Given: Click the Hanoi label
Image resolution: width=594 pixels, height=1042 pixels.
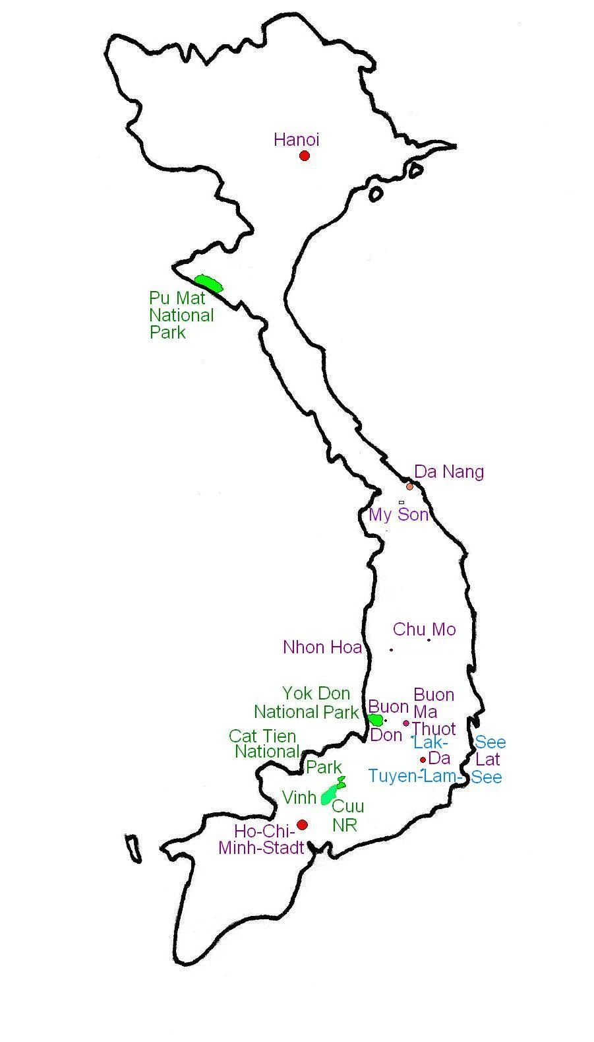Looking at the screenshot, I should pyautogui.click(x=296, y=140).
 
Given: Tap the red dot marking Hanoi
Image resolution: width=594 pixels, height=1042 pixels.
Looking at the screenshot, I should pyautogui.click(x=304, y=156).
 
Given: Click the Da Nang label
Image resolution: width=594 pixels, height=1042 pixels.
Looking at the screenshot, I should pyautogui.click(x=448, y=472).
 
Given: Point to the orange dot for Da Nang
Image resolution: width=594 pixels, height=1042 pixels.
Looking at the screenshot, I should pyautogui.click(x=409, y=486).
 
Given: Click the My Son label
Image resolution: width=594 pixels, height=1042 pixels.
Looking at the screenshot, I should pyautogui.click(x=398, y=515).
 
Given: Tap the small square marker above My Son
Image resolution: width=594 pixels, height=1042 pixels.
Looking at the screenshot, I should pyautogui.click(x=401, y=502).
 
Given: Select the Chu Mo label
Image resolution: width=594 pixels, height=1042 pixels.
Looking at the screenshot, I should pyautogui.click(x=424, y=630).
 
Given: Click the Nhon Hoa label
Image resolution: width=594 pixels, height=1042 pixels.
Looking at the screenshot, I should pyautogui.click(x=322, y=647).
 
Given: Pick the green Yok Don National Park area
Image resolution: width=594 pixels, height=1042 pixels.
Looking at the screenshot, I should pyautogui.click(x=375, y=719).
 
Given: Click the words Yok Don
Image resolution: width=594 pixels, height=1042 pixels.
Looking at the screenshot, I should pyautogui.click(x=316, y=694).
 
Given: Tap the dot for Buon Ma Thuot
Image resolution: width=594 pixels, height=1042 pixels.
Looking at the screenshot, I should pyautogui.click(x=406, y=723).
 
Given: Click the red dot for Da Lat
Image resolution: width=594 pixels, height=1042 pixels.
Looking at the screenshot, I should pyautogui.click(x=423, y=760).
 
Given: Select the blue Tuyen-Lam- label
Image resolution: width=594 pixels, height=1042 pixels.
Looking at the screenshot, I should pyautogui.click(x=415, y=776).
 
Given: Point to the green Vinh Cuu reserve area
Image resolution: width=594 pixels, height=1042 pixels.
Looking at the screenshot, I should pyautogui.click(x=330, y=793).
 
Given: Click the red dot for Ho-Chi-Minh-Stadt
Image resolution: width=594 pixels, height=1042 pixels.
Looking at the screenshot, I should pyautogui.click(x=302, y=825).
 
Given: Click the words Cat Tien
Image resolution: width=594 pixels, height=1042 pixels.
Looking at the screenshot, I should pyautogui.click(x=262, y=736).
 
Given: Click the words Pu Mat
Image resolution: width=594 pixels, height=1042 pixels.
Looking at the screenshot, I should pyautogui.click(x=177, y=298).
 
